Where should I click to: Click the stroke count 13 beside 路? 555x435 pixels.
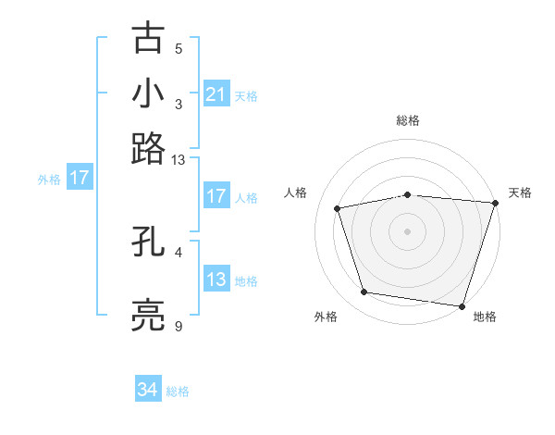179,160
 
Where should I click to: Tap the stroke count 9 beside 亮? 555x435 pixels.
179,326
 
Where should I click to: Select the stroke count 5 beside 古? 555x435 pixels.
179,48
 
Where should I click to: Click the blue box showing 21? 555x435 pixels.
216,93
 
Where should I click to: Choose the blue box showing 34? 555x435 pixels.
147,390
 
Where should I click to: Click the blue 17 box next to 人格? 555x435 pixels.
216,196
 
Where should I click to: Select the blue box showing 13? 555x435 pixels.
216,280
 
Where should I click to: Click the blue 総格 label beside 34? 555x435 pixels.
178,391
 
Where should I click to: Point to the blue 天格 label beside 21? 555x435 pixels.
246,95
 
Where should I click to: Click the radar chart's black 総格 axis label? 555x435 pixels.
408,120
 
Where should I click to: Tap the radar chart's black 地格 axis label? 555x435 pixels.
485,317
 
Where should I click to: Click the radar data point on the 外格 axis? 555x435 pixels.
364,292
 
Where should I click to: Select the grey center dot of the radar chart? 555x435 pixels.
408,230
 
